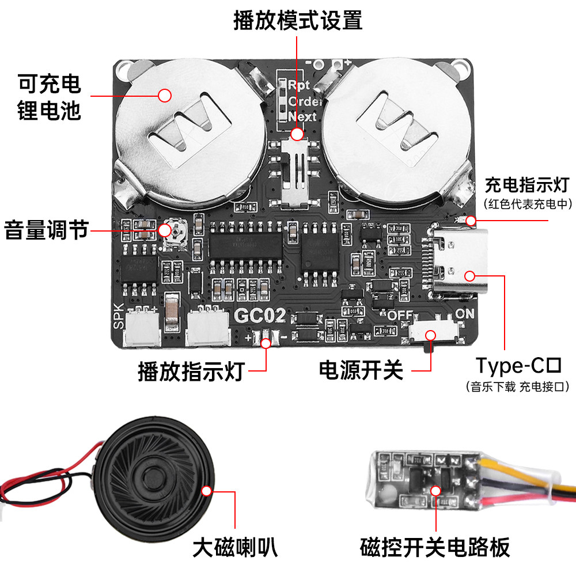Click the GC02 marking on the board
[x=260, y=316]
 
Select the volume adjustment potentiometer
[x=175, y=232]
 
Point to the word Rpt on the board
[x=298, y=85]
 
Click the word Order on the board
[x=305, y=101]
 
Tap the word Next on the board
[x=302, y=116]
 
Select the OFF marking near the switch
[x=400, y=315]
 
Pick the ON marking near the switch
[x=464, y=314]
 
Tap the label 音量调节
[x=46, y=230]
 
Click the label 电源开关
[x=361, y=370]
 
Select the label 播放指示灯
[x=191, y=372]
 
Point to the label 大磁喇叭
[x=235, y=547]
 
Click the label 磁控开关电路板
[x=435, y=547]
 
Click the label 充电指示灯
[x=527, y=185]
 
